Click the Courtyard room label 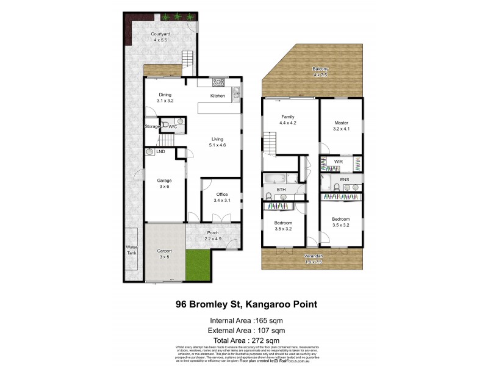coord(159,34)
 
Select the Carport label coord(164,251)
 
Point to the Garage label coord(164,181)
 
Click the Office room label coord(221,195)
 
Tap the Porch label coord(212,232)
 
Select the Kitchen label coord(218,96)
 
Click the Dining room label coord(165,95)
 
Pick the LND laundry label coord(160,151)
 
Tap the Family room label coord(288,116)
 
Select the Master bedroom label coord(340,122)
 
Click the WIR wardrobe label coord(338,162)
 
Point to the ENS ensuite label coord(345,180)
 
